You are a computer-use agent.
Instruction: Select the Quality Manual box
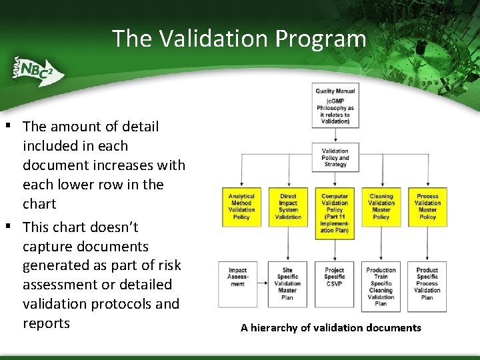tap(335, 105)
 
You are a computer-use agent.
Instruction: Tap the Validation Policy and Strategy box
tap(335, 157)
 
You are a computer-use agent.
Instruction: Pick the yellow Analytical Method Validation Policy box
tap(241, 207)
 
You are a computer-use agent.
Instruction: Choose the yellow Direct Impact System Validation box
tap(288, 207)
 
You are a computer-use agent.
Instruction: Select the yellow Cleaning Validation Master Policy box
tap(381, 207)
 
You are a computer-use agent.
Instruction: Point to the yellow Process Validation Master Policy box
tap(427, 207)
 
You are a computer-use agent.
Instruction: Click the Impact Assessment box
tap(238, 277)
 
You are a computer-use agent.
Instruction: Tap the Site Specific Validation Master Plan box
tap(288, 284)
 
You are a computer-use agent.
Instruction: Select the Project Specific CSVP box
tap(335, 277)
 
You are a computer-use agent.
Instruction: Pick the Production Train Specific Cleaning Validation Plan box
tap(381, 287)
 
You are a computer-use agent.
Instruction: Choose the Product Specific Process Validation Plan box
tap(427, 284)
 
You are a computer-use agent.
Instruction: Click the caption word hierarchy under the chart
tap(275, 328)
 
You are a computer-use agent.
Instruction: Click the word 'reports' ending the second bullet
tap(46, 323)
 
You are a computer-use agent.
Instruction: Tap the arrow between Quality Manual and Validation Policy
tap(335, 135)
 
